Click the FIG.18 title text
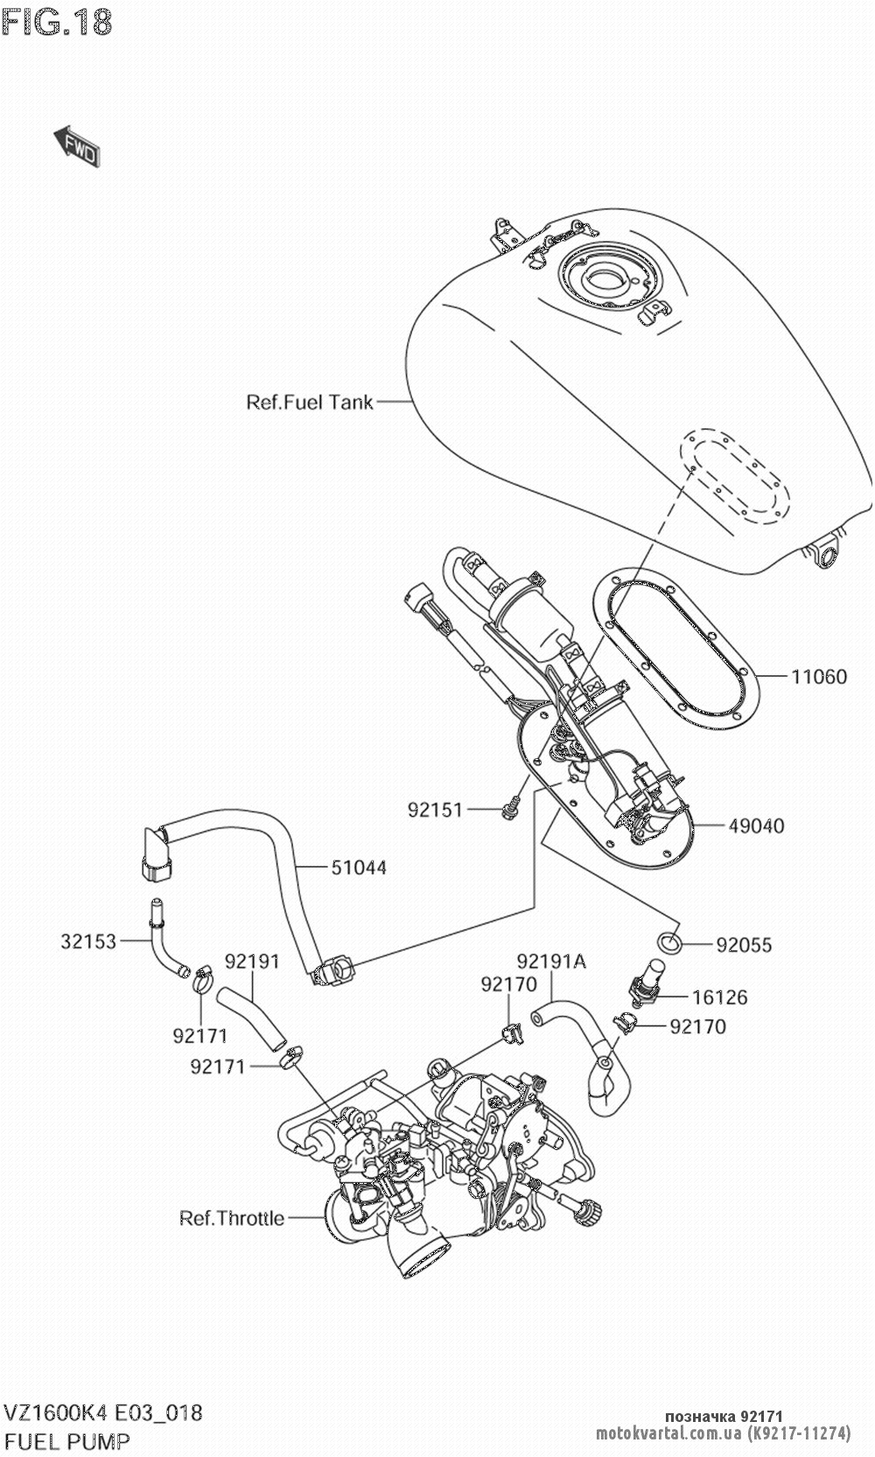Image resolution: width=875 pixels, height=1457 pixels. point(58,22)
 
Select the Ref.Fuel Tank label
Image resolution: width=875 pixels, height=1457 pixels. point(310,402)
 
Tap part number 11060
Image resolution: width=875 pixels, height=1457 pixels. point(819,676)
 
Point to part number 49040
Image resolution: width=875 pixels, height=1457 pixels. point(756,825)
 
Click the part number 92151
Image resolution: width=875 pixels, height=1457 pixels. point(434,810)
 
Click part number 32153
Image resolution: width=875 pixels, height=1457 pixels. point(88,941)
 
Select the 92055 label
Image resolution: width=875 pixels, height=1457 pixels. point(745,945)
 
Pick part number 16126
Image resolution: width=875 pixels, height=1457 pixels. point(720,996)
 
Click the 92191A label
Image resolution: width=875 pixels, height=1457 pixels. point(551,961)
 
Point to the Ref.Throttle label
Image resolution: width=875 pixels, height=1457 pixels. point(232,1218)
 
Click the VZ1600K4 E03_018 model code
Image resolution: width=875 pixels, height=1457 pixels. point(103,1412)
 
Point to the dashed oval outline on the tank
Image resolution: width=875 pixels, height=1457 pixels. point(735,476)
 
